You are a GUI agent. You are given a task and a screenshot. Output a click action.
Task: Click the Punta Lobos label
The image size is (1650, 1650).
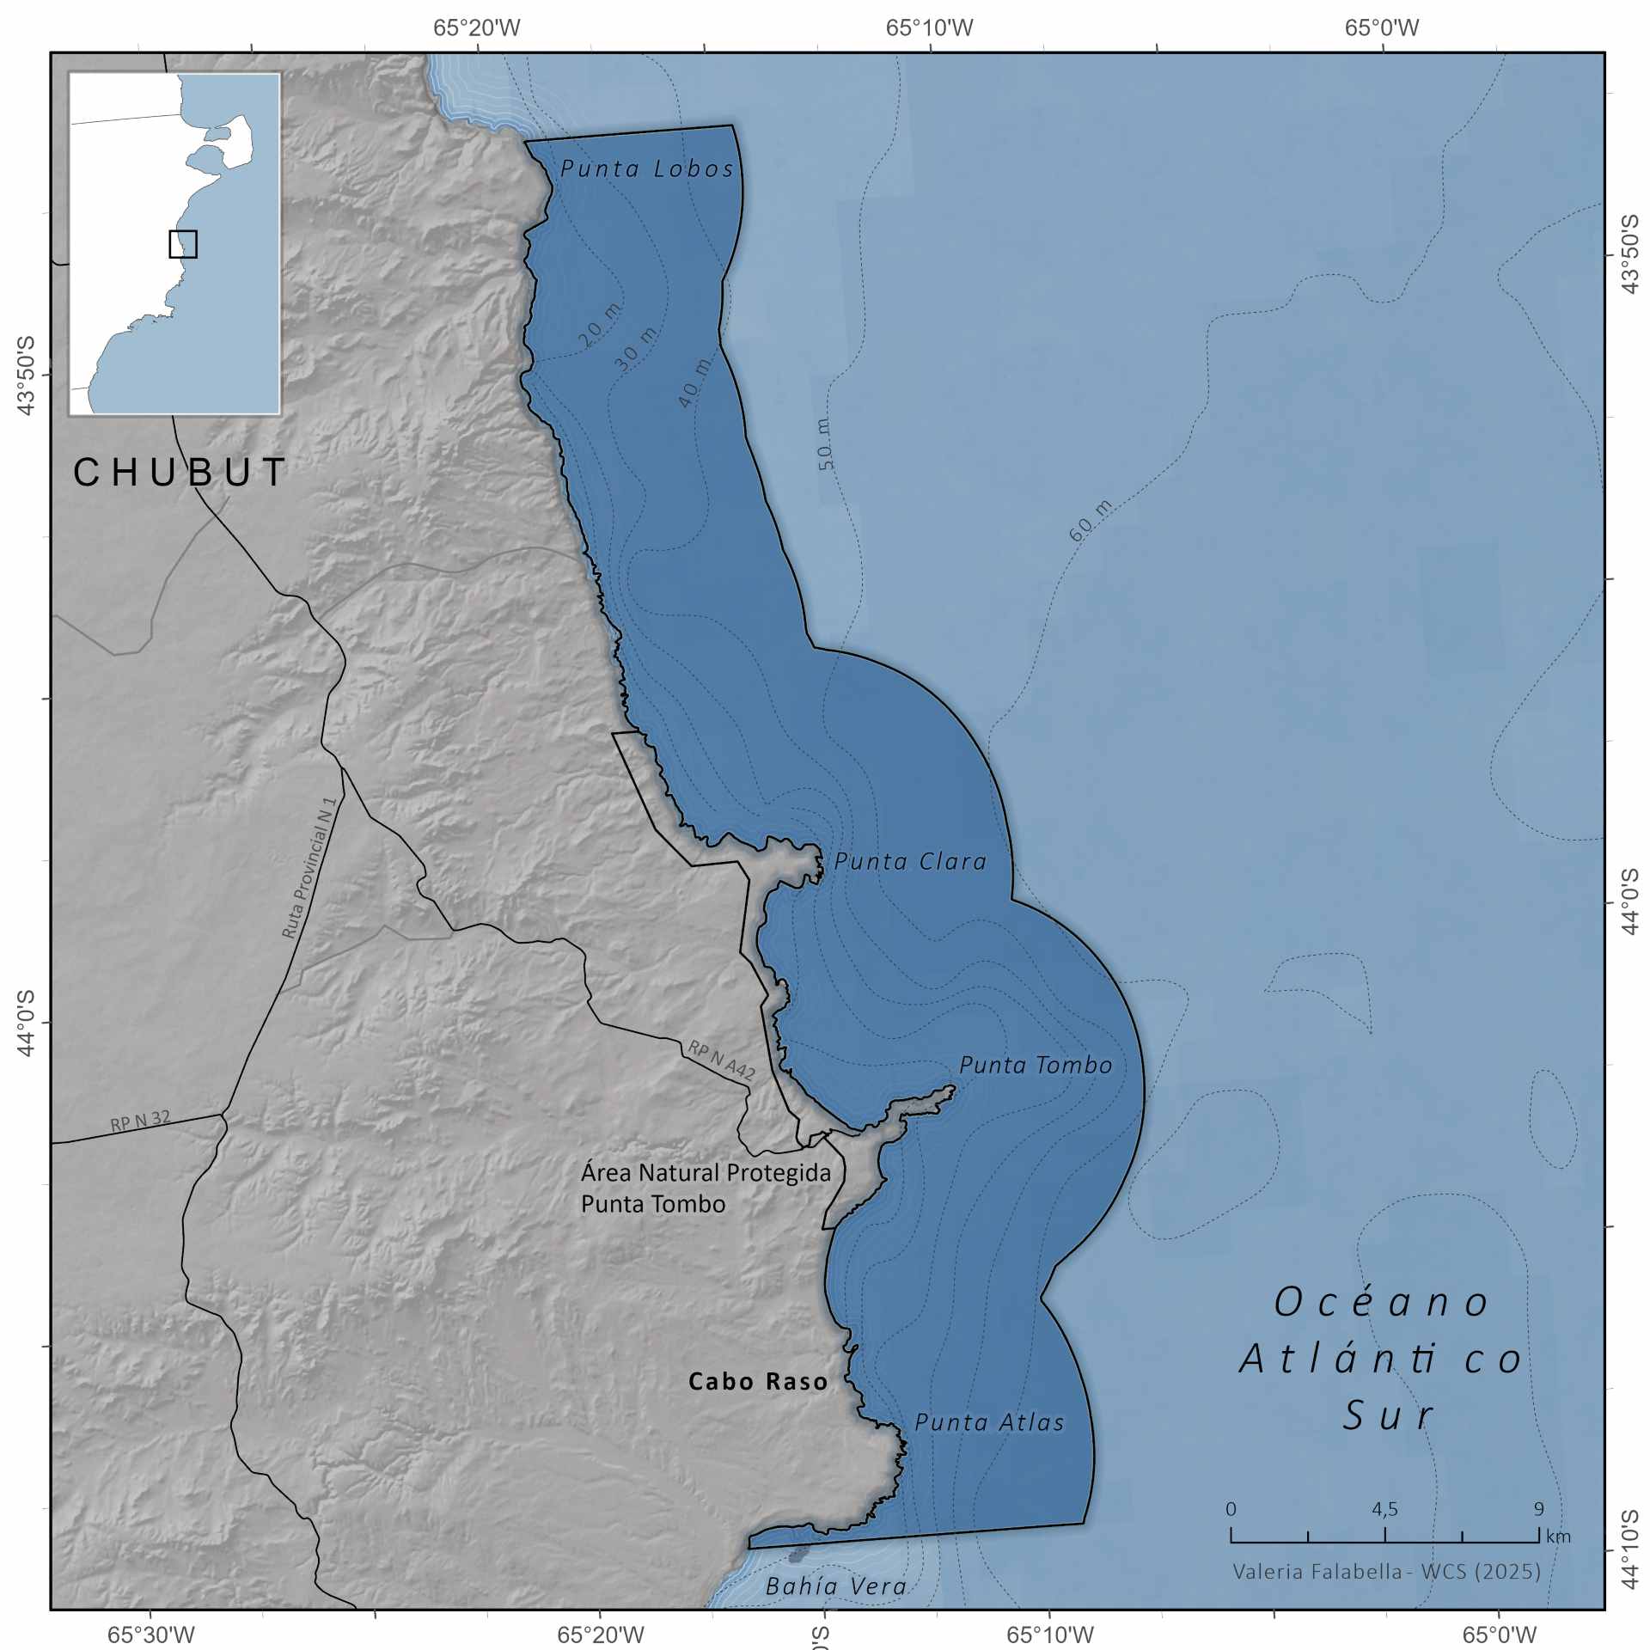[647, 168]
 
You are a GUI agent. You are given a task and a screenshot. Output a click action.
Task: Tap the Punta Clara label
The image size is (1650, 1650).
[910, 861]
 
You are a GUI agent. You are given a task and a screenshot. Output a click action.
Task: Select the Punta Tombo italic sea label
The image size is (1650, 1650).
[1036, 1065]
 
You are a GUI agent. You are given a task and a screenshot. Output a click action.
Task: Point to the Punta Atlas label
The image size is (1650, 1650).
[989, 1422]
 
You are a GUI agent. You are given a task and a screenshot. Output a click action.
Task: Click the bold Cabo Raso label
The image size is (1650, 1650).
[758, 1381]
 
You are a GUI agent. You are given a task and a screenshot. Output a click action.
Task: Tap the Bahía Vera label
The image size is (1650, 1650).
[836, 1586]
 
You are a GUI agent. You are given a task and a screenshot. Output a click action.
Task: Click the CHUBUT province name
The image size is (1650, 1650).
[180, 472]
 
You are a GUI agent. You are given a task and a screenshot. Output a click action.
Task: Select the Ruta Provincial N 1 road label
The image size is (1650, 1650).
[309, 869]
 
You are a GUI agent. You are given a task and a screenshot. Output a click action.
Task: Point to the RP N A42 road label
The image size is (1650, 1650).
[721, 1060]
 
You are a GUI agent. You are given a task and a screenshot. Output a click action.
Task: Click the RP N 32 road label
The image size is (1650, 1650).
[140, 1121]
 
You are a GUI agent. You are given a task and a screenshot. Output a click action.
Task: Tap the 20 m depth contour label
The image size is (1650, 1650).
[600, 325]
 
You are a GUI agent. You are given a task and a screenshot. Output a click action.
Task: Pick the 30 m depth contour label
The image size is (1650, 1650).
[636, 348]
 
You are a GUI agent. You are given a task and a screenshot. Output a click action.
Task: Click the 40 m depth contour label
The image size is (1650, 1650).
[694, 382]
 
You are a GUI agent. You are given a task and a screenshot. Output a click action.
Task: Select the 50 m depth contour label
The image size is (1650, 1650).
[824, 443]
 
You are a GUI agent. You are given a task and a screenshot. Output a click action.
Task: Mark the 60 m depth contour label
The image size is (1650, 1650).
[1090, 520]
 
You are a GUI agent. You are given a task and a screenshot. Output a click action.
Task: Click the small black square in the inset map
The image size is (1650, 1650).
[183, 244]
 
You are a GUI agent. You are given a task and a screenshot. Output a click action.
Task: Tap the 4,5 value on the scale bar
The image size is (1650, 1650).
[1384, 1508]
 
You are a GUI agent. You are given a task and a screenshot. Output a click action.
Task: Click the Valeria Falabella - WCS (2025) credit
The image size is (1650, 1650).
[1386, 1571]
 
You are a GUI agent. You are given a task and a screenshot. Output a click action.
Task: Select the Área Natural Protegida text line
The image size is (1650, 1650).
[706, 1172]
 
